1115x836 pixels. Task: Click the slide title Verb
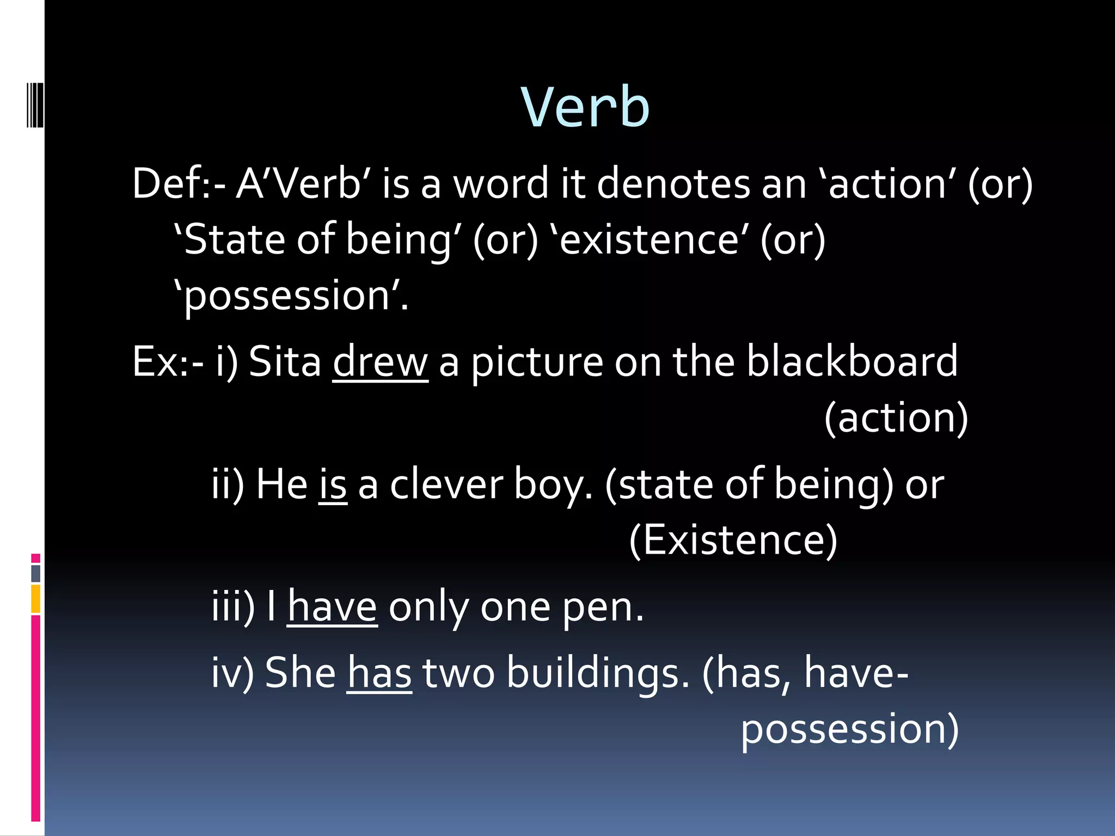click(x=585, y=107)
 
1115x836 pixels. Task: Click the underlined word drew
click(x=380, y=362)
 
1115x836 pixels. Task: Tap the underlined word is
click(x=333, y=484)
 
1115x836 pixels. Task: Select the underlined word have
click(x=332, y=607)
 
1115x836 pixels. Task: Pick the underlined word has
click(x=379, y=673)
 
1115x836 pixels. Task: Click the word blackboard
click(x=851, y=361)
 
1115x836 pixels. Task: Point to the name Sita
click(x=285, y=362)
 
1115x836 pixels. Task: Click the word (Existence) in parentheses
click(x=733, y=540)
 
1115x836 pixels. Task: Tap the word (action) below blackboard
click(x=896, y=418)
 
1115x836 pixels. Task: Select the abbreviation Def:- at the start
click(x=179, y=184)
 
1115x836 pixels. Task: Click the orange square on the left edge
click(x=36, y=599)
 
